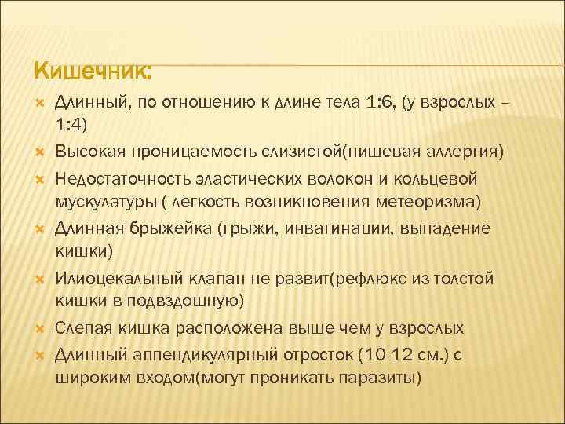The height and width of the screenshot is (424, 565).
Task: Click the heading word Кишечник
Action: click(x=93, y=71)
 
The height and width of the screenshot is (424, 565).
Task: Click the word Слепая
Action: click(x=81, y=327)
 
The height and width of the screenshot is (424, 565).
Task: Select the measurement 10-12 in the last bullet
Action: click(x=370, y=354)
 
